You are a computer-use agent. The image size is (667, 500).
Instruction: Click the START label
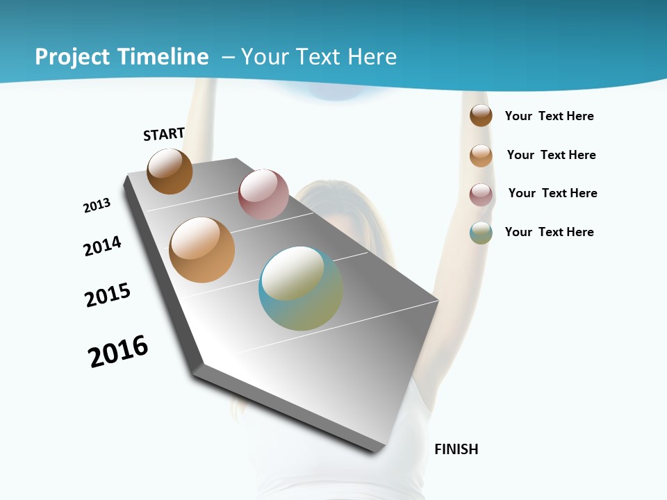(164, 134)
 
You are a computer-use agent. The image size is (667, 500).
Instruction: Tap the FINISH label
(456, 449)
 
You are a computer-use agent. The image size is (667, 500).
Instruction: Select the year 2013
(97, 206)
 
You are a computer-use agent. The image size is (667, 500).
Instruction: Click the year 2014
(102, 247)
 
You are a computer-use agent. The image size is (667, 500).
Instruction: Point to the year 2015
(108, 295)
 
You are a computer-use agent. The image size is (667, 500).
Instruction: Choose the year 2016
(118, 351)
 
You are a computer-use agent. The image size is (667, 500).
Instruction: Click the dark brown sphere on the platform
(170, 171)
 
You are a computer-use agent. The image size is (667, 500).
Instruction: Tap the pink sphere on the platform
(263, 194)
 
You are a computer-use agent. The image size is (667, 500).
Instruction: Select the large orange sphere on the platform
(202, 250)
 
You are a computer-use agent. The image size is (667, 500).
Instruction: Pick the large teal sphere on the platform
(301, 288)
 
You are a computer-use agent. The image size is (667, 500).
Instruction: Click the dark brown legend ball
(481, 115)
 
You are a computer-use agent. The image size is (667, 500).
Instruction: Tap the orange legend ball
(481, 156)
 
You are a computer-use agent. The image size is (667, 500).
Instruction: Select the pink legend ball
(481, 194)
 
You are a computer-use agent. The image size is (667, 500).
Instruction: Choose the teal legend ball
(481, 233)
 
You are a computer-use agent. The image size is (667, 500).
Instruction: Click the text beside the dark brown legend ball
(549, 116)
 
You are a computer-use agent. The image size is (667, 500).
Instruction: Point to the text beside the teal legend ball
(549, 232)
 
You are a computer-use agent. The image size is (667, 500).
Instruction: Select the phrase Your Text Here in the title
(319, 57)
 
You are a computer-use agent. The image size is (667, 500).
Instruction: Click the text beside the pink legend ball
(552, 193)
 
